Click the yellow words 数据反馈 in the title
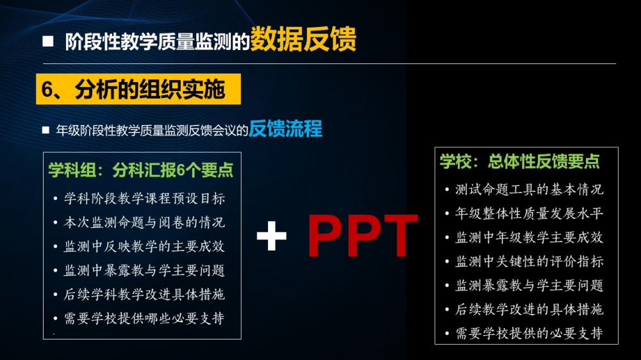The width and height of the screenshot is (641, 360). tap(303, 39)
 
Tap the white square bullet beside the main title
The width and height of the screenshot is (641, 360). tap(48, 41)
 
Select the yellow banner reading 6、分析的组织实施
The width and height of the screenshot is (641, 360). tap(138, 89)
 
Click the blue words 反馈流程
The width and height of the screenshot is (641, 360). tap(285, 129)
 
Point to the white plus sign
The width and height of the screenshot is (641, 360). tap(271, 235)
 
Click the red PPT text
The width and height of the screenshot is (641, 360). tap(362, 236)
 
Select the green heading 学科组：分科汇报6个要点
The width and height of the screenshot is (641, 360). tap(140, 170)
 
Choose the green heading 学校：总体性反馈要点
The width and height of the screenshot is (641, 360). tap(520, 161)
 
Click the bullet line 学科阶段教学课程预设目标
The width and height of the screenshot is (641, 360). tap(144, 199)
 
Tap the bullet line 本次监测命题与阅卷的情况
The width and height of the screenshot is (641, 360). tap(144, 222)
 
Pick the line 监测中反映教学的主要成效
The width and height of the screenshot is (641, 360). tap(144, 247)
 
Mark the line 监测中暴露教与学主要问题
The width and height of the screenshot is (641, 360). tap(144, 270)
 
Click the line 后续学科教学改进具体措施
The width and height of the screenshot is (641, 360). tap(144, 294)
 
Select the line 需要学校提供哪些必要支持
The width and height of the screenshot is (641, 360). tap(144, 318)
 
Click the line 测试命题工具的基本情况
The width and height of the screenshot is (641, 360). tap(529, 190)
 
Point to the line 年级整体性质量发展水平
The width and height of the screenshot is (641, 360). tap(529, 213)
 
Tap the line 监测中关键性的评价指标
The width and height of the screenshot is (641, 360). tap(529, 261)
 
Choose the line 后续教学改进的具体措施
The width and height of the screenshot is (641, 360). tap(529, 309)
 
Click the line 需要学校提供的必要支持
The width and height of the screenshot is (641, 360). tap(529, 334)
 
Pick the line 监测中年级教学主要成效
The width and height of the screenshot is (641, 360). tap(529, 238)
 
